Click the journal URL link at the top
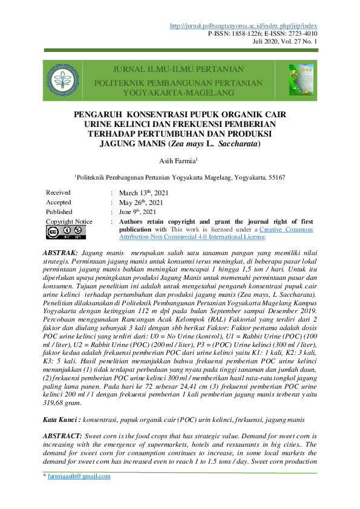pyautogui.click(x=244, y=25)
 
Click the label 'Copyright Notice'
pyautogui.click(x=69, y=222)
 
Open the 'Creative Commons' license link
pyautogui.click(x=287, y=230)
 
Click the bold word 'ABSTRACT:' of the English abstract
pyautogui.click(x=64, y=418)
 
